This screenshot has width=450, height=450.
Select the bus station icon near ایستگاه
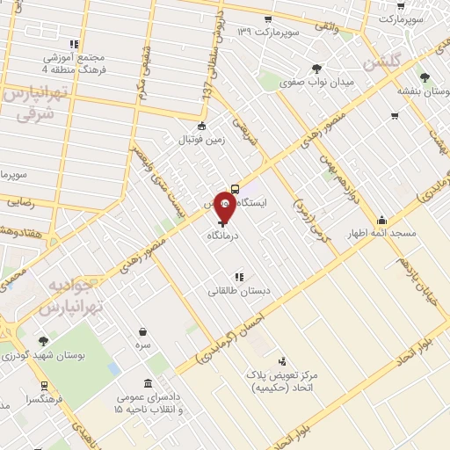tap(236, 188)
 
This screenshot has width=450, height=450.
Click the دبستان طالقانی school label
tap(238, 287)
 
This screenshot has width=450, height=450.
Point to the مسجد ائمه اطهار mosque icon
tap(381, 221)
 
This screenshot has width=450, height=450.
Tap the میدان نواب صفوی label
tap(316, 83)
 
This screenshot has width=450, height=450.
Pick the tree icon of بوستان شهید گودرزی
tap(43, 341)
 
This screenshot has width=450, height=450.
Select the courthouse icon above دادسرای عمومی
tap(146, 386)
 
